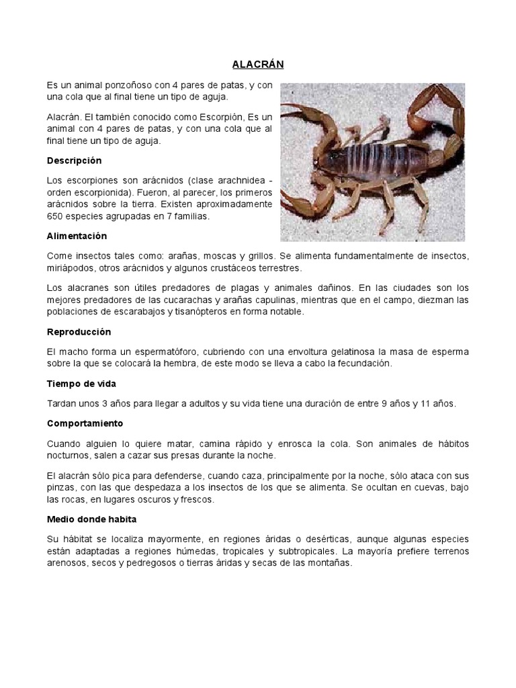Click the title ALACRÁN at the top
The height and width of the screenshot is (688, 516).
258,64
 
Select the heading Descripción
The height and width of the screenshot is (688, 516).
74,161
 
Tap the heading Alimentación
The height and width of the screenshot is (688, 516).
77,236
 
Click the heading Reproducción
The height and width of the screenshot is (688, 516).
79,332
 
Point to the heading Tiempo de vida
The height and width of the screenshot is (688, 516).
81,384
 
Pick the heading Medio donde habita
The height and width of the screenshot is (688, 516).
91,519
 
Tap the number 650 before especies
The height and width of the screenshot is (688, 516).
56,216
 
